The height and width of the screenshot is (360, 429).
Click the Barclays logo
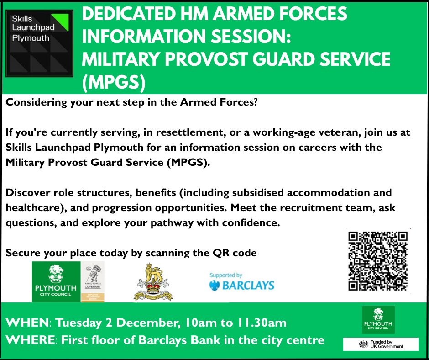pyautogui.click(x=241, y=283)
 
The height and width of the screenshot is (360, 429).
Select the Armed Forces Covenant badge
pyautogui.click(x=93, y=281)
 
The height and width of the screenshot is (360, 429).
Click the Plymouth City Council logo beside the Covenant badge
pyautogui.click(x=56, y=281)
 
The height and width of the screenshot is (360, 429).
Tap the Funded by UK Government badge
pyautogui.click(x=381, y=344)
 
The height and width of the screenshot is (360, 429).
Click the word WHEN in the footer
pyautogui.click(x=27, y=323)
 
